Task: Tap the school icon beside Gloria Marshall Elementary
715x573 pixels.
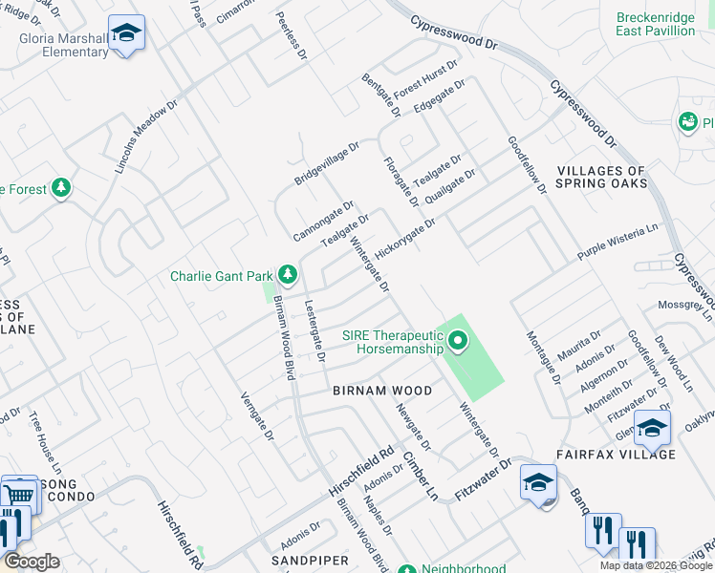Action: (125, 34)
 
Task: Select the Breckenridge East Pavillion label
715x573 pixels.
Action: (655, 24)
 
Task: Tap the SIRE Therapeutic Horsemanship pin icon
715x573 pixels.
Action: (458, 339)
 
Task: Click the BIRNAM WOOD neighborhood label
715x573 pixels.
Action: (382, 391)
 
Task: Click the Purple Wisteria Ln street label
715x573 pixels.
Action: (618, 244)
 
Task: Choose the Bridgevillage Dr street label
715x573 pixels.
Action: (326, 163)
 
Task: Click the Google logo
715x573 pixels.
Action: (32, 562)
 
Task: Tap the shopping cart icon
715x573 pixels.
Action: (19, 494)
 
